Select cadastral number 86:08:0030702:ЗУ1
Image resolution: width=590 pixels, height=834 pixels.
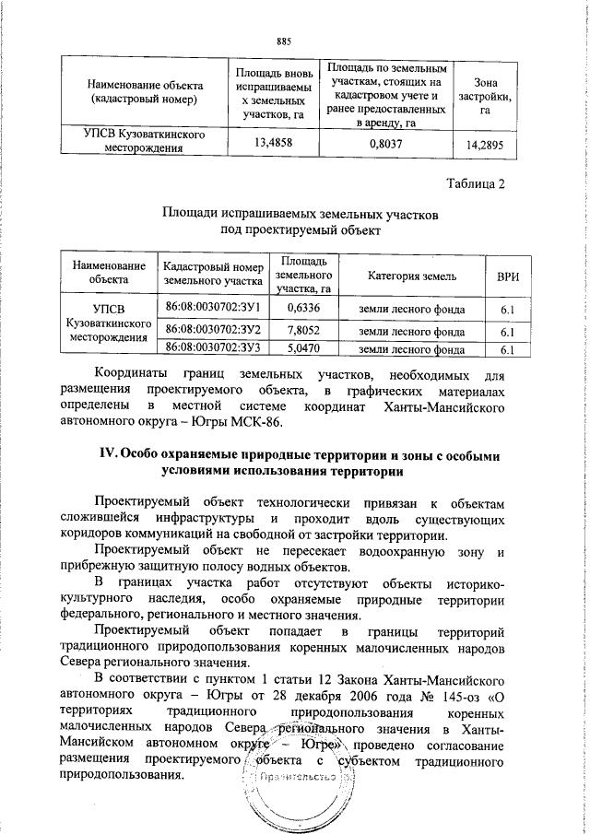(213, 306)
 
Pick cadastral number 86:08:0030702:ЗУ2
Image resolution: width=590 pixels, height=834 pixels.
(213, 329)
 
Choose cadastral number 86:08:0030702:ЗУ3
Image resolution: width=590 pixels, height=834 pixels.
(213, 348)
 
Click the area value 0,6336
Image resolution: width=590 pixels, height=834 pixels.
(303, 307)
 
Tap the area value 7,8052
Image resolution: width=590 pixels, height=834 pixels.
(303, 330)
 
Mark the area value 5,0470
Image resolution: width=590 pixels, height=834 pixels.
(303, 349)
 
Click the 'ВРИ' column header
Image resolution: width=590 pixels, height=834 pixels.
(506, 275)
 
